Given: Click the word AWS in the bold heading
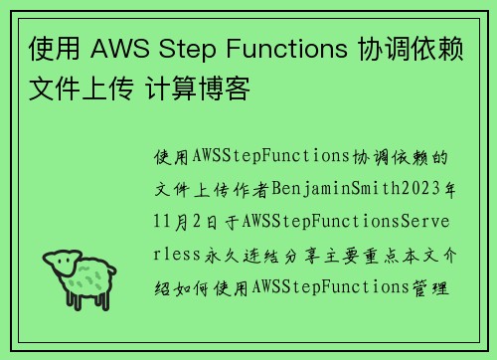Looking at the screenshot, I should coord(117,49).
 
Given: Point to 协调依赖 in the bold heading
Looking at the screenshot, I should coord(409,49).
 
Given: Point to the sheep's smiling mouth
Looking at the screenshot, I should coord(67,272).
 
